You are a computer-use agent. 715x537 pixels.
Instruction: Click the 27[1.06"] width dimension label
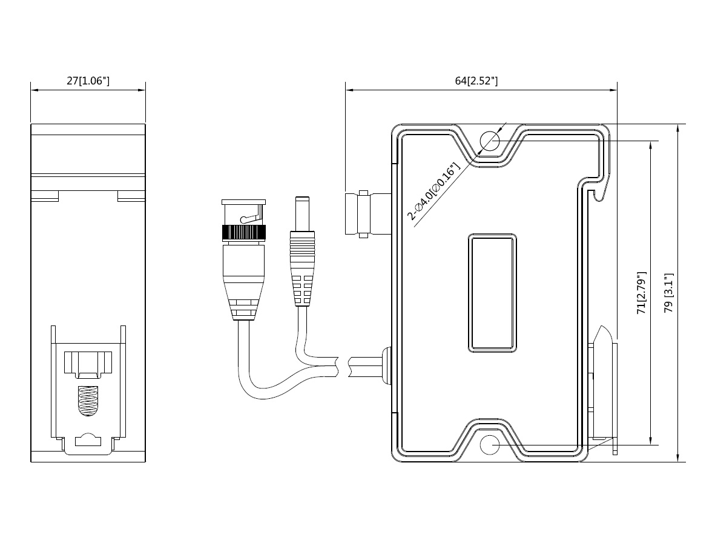88,81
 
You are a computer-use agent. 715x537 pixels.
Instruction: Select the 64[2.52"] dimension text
476,81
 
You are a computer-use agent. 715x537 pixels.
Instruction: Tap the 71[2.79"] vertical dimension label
642,293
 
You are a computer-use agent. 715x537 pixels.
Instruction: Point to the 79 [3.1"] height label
669,293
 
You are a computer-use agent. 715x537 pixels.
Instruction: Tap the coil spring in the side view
88,401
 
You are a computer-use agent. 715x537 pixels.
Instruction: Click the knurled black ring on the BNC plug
243,233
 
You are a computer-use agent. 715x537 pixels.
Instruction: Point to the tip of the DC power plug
302,198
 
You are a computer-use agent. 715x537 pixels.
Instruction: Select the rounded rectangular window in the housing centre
492,293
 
